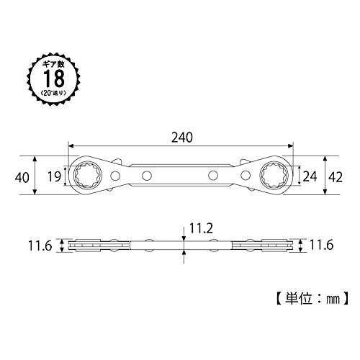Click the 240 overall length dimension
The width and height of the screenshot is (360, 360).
182,138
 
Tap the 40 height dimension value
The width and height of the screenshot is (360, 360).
22,178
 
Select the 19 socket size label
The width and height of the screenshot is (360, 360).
55,176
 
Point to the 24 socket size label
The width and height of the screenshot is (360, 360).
310,176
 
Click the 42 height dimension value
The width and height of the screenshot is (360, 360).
336,177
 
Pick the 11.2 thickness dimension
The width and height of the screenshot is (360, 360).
201,228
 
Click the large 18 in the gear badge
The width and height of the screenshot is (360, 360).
54,78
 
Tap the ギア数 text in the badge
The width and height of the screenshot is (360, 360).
54,64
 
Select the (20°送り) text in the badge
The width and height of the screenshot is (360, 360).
53,93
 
